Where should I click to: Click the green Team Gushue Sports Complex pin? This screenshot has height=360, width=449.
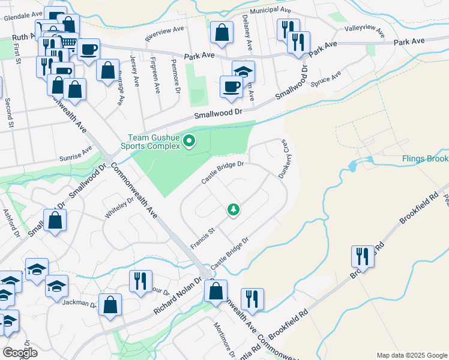click(190, 142)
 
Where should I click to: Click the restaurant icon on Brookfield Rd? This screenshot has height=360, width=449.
click(363, 256)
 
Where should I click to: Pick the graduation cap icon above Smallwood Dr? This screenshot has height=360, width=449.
click(243, 71)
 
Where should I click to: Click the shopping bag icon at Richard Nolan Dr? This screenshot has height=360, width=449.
click(215, 292)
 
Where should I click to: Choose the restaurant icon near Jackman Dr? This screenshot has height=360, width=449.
click(140, 281)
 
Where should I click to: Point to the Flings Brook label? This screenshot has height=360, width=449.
click(425, 159)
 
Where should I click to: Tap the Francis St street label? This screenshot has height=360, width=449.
click(203, 239)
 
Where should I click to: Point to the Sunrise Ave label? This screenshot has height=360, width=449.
click(75, 155)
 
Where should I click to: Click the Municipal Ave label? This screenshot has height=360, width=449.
click(270, 11)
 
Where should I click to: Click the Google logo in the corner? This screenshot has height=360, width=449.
click(20, 353)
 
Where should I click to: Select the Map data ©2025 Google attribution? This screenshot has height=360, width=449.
click(411, 355)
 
